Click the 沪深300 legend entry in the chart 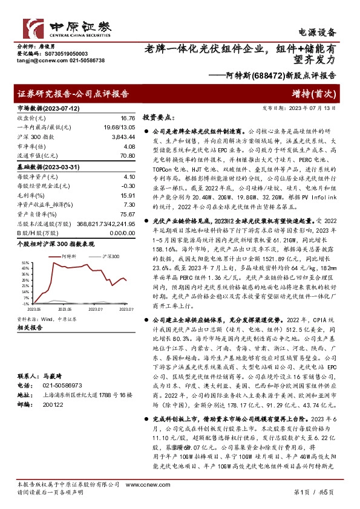(110, 256)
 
